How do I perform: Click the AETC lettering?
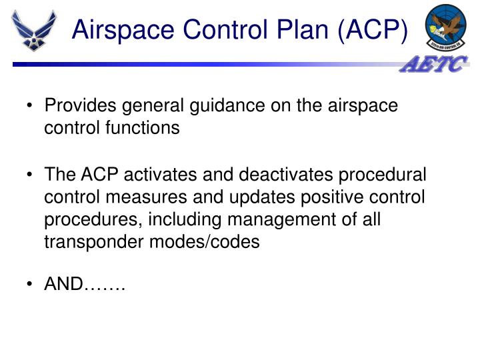tap(434, 65)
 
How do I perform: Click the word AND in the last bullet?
tap(64, 285)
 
